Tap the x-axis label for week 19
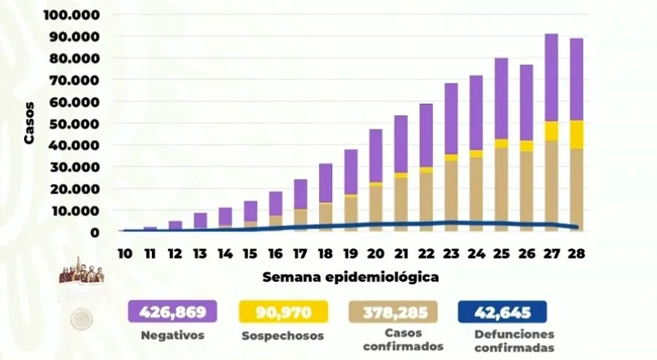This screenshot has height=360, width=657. point(351,253)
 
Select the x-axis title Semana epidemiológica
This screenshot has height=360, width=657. point(350,277)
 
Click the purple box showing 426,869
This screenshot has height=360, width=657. point(172,313)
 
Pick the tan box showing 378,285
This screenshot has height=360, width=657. point(393,313)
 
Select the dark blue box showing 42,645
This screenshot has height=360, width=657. point(502,313)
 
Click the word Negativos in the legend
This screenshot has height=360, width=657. point(172,336)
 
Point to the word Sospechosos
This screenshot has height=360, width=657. point(282,336)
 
